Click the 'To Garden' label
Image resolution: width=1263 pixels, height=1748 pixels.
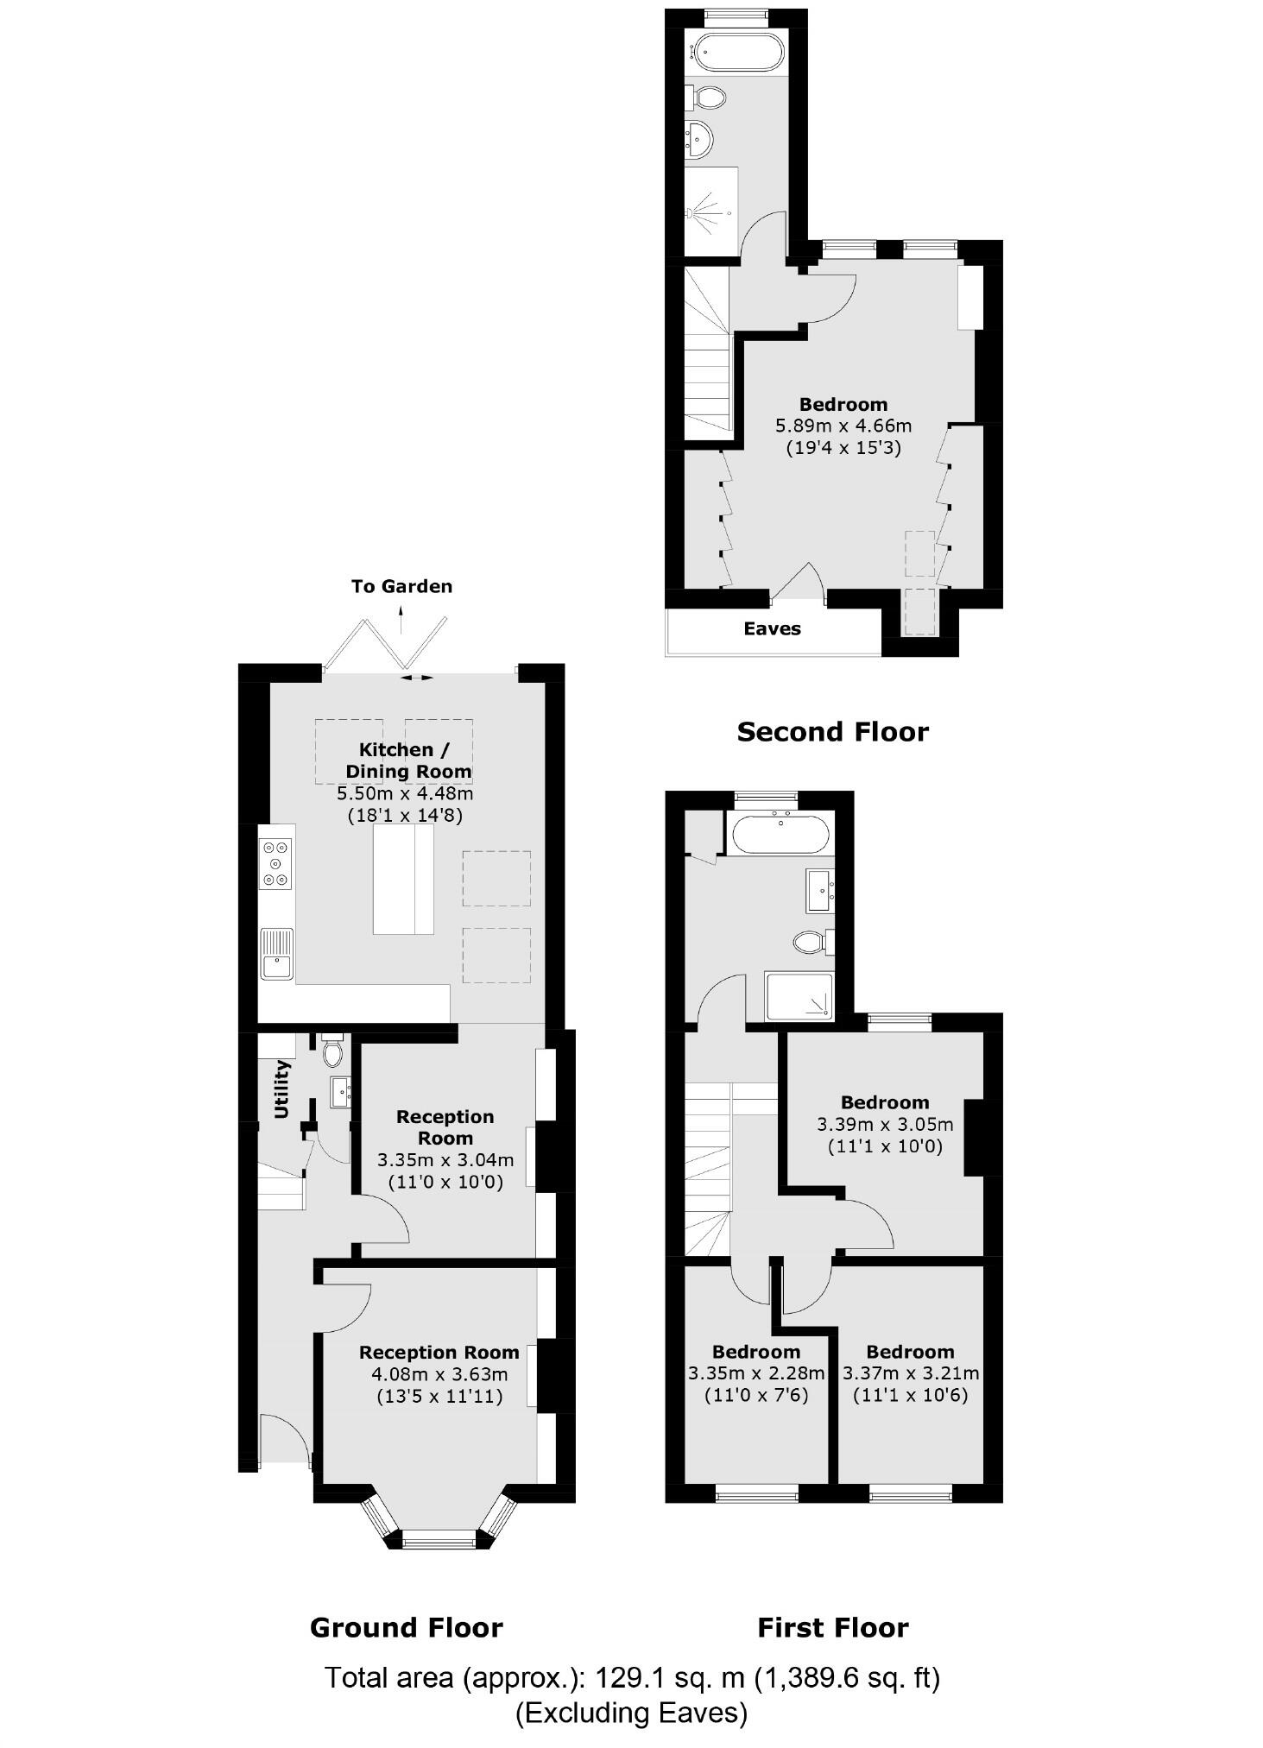[401, 586]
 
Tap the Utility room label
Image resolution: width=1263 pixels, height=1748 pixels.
[281, 1089]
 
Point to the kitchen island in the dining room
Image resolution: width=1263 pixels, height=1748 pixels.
[402, 879]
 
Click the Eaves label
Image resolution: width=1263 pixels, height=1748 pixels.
[772, 628]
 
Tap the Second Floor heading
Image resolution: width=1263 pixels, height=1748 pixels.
[832, 732]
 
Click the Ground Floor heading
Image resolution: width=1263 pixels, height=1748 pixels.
[406, 1628]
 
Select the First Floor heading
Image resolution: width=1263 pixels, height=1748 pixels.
[832, 1628]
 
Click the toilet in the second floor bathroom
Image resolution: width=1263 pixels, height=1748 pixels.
[708, 97]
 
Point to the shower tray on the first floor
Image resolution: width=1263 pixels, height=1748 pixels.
[799, 996]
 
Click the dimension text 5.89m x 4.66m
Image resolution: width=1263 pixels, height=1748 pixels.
[843, 426]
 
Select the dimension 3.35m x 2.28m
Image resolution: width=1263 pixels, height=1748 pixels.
[756, 1373]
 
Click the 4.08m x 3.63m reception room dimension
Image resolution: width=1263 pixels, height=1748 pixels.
[439, 1374]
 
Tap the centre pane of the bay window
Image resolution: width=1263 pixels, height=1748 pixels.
[439, 1537]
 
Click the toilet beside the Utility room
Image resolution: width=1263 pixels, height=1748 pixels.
[332, 1051]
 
